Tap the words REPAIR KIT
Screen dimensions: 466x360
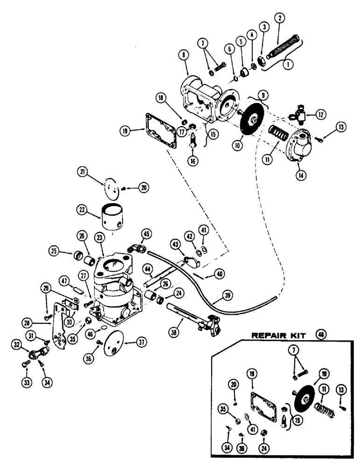[x=278, y=335]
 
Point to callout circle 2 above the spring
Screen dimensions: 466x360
[x=280, y=18]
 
